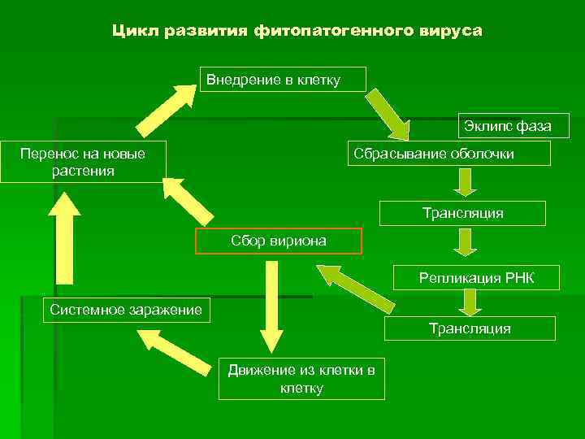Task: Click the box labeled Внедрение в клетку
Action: click(x=283, y=79)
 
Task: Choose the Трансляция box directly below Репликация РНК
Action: click(x=470, y=328)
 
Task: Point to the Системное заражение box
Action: click(x=126, y=310)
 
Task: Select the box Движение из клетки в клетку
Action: click(x=301, y=379)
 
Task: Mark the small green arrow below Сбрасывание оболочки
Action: click(x=464, y=182)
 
